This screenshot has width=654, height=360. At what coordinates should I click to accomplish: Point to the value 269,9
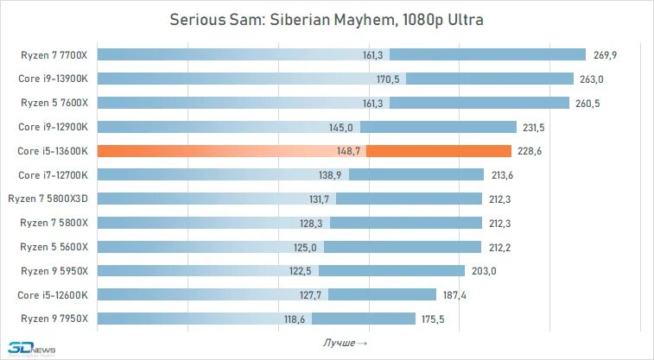coord(606,55)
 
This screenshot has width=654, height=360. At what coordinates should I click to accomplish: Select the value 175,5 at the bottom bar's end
coord(433,319)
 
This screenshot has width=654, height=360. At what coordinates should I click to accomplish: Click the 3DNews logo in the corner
coord(27,349)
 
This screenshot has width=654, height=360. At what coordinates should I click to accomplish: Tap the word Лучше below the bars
coord(340,344)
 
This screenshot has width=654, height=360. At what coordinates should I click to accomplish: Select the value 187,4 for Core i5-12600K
coord(454,294)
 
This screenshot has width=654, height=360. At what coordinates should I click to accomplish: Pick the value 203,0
coord(484,270)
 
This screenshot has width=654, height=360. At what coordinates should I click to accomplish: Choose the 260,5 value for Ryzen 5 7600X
coord(587,104)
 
